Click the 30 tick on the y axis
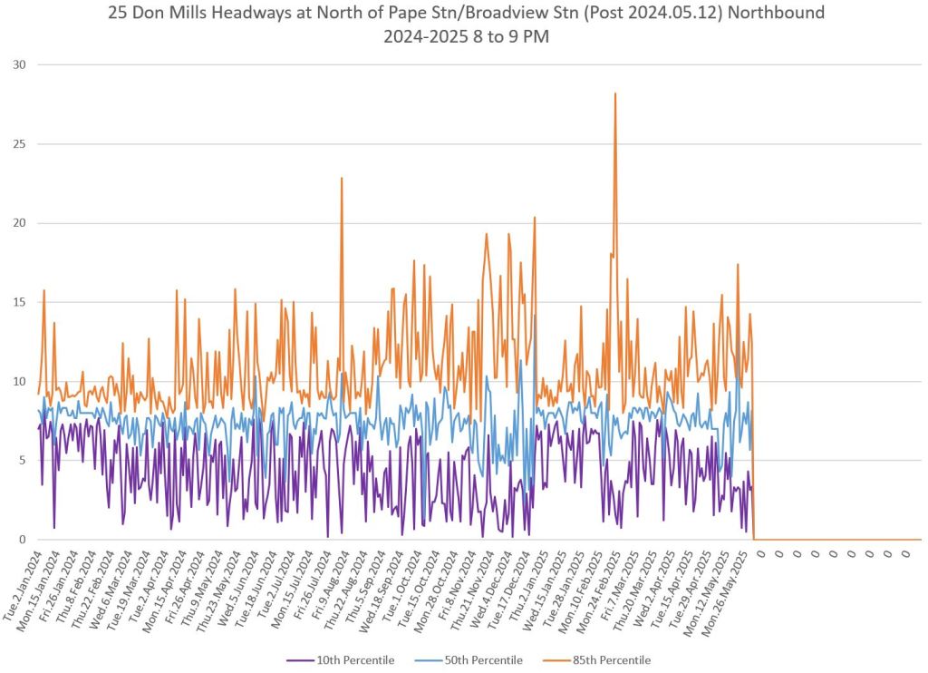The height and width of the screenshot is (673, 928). [x=19, y=65]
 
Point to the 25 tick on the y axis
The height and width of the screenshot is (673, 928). [x=19, y=144]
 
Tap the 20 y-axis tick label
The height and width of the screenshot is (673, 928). [x=19, y=223]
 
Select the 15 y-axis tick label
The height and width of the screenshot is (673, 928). [x=19, y=302]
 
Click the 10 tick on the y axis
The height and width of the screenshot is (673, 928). [x=19, y=382]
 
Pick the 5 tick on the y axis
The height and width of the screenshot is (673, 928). [x=23, y=461]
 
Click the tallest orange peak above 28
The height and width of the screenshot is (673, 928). [x=615, y=93]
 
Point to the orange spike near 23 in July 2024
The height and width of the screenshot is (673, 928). [x=342, y=179]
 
